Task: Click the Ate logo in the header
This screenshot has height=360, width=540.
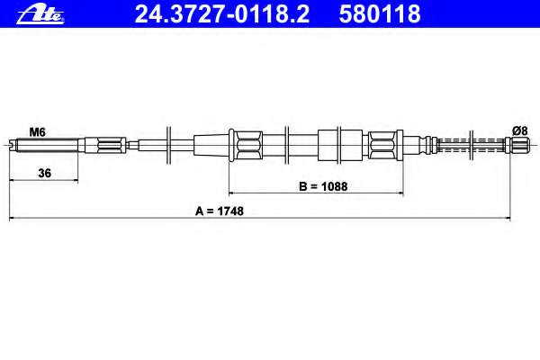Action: pos(40,14)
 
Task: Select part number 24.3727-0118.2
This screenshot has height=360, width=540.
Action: pos(222,14)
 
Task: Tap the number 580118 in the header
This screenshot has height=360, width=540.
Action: pos(380,14)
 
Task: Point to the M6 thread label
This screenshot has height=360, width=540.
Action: pos(37,132)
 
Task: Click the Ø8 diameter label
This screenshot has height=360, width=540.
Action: pos(519,130)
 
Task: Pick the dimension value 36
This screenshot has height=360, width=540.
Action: pos(44,173)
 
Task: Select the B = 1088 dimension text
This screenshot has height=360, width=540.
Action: pos(323,186)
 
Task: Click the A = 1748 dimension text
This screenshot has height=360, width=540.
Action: pos(220,211)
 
